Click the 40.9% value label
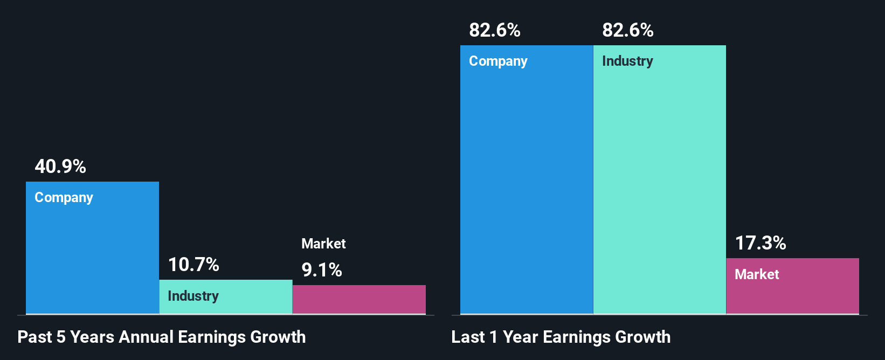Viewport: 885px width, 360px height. (60, 167)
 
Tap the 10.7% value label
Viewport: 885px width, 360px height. (193, 265)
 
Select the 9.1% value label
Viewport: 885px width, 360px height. (322, 270)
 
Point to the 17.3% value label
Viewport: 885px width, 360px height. (760, 243)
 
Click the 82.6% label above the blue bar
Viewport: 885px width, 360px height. (495, 30)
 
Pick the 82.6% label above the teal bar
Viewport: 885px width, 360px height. (628, 30)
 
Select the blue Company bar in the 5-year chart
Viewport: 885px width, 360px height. (92, 253)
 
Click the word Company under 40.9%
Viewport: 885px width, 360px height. (64, 198)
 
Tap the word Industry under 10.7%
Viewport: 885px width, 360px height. (193, 296)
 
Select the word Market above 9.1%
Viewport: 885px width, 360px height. (323, 244)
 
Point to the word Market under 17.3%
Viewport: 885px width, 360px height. (757, 274)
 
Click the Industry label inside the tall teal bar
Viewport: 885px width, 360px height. (627, 61)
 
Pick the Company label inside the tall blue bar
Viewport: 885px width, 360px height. (498, 61)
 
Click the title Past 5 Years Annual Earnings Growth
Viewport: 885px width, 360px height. (162, 337)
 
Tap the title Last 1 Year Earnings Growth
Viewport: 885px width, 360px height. (561, 337)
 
